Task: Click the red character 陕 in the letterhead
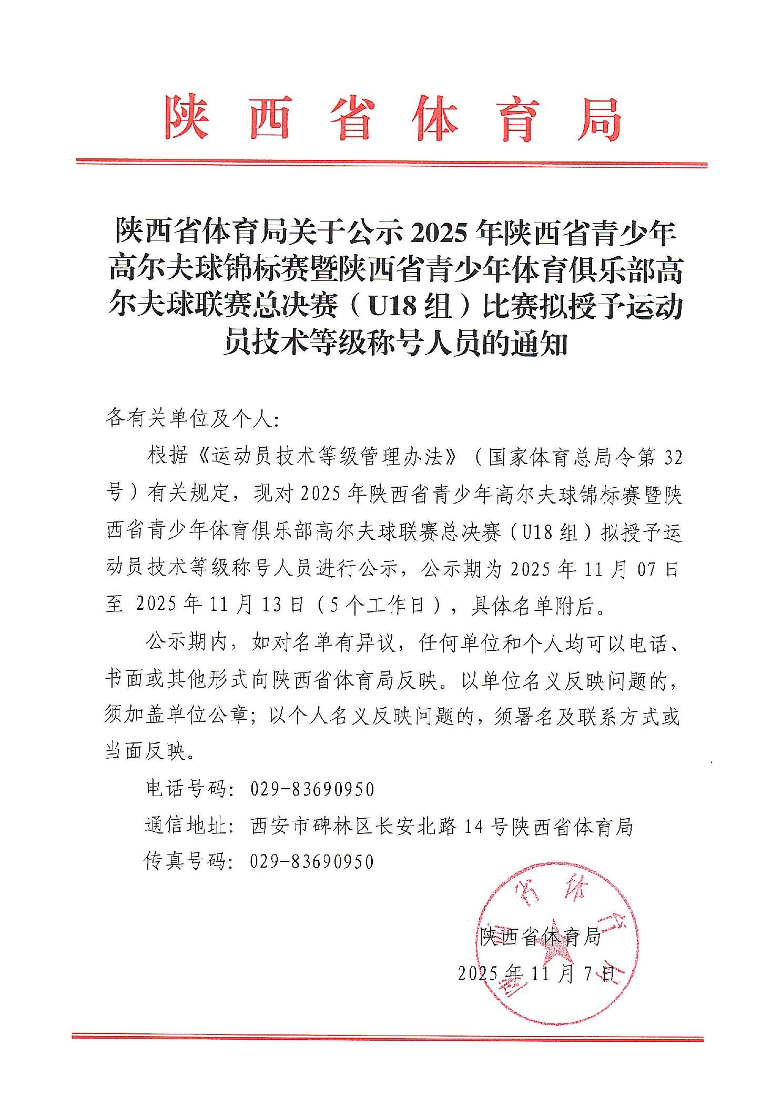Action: click(x=187, y=117)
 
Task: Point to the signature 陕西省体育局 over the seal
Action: click(x=540, y=936)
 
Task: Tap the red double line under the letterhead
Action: click(x=391, y=163)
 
